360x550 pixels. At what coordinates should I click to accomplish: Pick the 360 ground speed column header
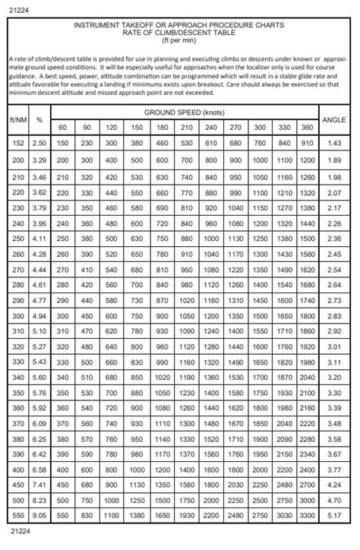[x=306, y=126]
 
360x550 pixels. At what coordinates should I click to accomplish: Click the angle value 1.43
[x=333, y=143]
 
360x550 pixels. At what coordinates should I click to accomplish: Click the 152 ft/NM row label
[x=18, y=143]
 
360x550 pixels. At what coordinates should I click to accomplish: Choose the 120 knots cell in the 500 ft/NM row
[x=111, y=501]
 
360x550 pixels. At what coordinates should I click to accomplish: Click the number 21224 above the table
[x=17, y=7]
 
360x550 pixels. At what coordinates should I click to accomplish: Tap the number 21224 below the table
[x=17, y=542]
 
